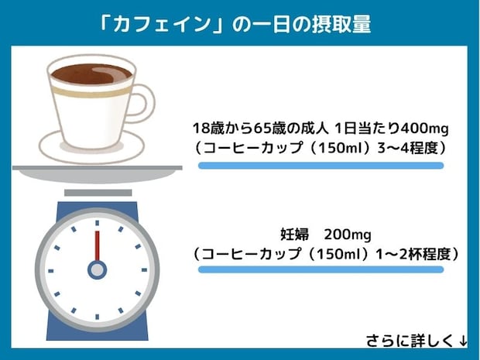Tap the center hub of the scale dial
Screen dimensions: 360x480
(97, 269)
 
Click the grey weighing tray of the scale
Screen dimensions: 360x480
(97, 171)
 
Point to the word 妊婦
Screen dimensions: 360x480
(295, 234)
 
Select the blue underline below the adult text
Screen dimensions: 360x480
(321, 166)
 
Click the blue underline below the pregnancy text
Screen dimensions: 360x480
(321, 269)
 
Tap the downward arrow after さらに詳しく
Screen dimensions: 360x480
(462, 341)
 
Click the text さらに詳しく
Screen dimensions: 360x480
(410, 341)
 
